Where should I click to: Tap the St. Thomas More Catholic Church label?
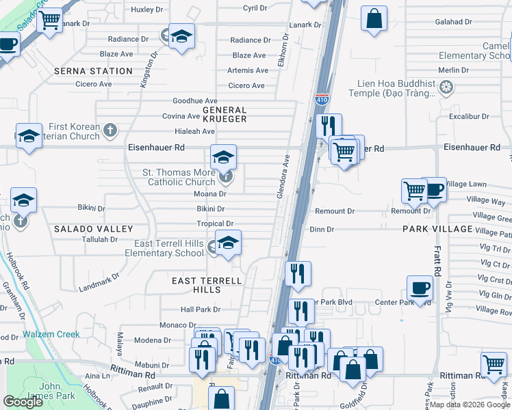(x=179, y=178)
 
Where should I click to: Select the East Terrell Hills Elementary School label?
(x=164, y=249)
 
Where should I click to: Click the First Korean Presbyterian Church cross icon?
(x=111, y=128)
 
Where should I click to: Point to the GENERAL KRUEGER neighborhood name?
(x=225, y=114)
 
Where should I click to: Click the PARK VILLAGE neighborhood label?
(x=437, y=229)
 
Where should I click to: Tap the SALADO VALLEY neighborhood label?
(x=86, y=229)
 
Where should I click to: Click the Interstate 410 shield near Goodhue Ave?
(x=322, y=100)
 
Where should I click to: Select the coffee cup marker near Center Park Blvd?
(x=420, y=288)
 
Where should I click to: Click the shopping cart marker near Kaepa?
(x=494, y=365)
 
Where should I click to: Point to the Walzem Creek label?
(x=51, y=335)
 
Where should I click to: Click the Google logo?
(x=23, y=402)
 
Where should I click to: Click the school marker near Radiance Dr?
(x=182, y=36)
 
